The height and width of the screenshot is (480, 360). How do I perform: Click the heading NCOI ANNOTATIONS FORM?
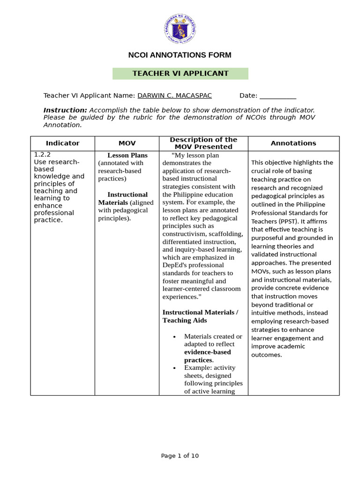click(x=180, y=55)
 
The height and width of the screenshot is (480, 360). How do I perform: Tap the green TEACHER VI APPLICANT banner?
click(x=180, y=74)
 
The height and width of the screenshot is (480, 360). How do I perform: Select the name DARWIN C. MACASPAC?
click(x=174, y=96)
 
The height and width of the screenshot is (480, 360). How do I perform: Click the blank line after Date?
click(x=277, y=96)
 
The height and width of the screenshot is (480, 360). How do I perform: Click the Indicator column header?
click(x=62, y=143)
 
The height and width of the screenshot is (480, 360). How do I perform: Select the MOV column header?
click(x=127, y=143)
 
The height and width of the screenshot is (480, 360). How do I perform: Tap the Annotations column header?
click(x=293, y=143)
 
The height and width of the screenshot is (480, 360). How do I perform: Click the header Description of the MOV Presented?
click(x=203, y=143)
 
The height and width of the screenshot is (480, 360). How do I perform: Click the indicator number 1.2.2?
click(x=42, y=154)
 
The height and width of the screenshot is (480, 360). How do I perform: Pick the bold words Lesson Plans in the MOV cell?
click(x=127, y=155)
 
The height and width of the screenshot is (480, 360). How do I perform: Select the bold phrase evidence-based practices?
click(x=207, y=356)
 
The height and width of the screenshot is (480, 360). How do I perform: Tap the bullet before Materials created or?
click(x=174, y=337)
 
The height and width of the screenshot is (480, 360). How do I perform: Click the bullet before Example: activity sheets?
click(x=174, y=368)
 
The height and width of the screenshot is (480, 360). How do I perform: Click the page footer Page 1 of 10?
click(x=180, y=456)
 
